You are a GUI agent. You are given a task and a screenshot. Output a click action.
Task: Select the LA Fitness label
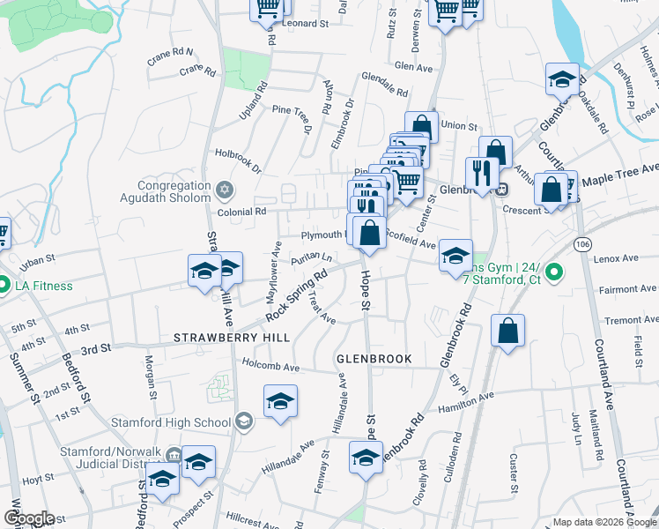43,286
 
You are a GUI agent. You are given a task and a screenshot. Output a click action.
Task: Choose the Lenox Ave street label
616,258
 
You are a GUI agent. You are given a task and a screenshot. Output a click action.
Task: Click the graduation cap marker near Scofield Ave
455,256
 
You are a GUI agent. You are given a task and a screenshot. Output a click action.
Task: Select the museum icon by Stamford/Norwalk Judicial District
174,456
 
